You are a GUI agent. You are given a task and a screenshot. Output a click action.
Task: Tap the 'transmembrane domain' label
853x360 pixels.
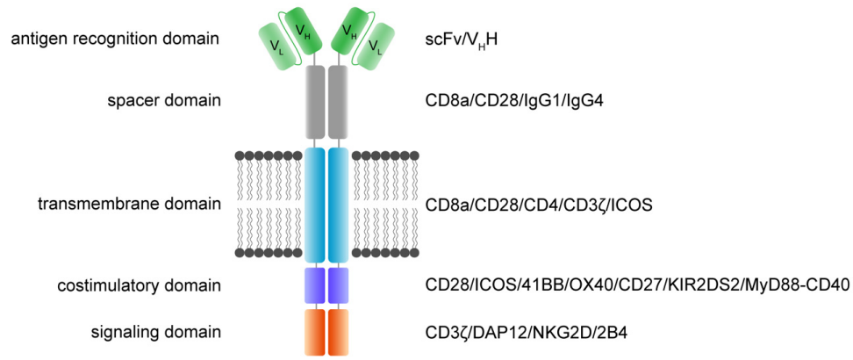tap(129, 205)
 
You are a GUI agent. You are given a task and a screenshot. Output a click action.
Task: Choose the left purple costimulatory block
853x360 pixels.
tap(314, 285)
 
